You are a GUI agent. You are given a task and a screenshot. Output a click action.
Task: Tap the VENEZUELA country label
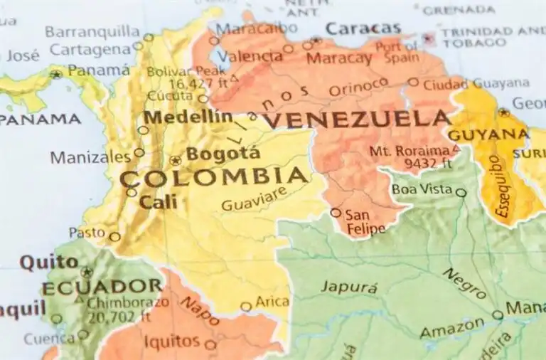(355, 120)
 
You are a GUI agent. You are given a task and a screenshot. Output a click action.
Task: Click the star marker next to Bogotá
(175, 160)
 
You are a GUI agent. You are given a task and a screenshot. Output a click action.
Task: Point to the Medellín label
(188, 117)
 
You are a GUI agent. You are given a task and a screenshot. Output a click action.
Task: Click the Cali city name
(158, 202)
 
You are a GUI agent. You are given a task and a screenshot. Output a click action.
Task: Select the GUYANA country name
(488, 134)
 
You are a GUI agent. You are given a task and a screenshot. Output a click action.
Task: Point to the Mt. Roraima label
(409, 151)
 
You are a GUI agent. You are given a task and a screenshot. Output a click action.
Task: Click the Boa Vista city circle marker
(461, 192)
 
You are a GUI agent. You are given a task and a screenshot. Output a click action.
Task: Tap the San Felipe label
(365, 221)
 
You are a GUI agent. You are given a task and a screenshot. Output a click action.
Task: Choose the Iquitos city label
(172, 341)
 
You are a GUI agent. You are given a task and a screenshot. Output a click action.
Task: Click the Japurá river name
(349, 287)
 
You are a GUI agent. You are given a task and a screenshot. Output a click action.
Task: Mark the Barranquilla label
(92, 31)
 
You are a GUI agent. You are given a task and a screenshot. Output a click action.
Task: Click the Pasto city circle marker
(114, 237)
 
